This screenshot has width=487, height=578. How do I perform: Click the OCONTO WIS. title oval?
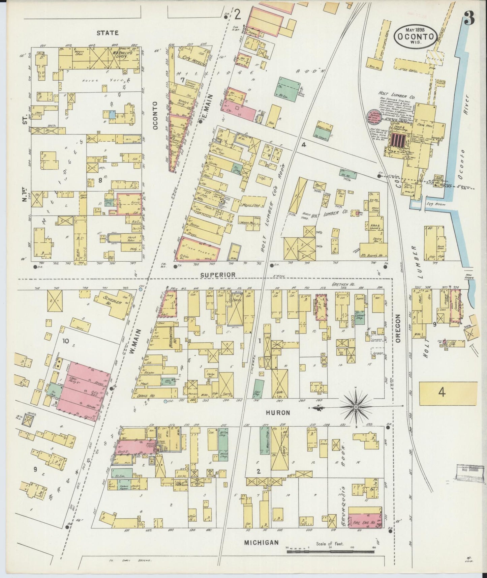[416, 36]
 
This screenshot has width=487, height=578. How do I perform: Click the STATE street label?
[108, 33]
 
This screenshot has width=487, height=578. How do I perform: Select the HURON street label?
[278, 412]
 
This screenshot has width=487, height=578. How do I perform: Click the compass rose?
[356, 407]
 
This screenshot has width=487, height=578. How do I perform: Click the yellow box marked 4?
[448, 393]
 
